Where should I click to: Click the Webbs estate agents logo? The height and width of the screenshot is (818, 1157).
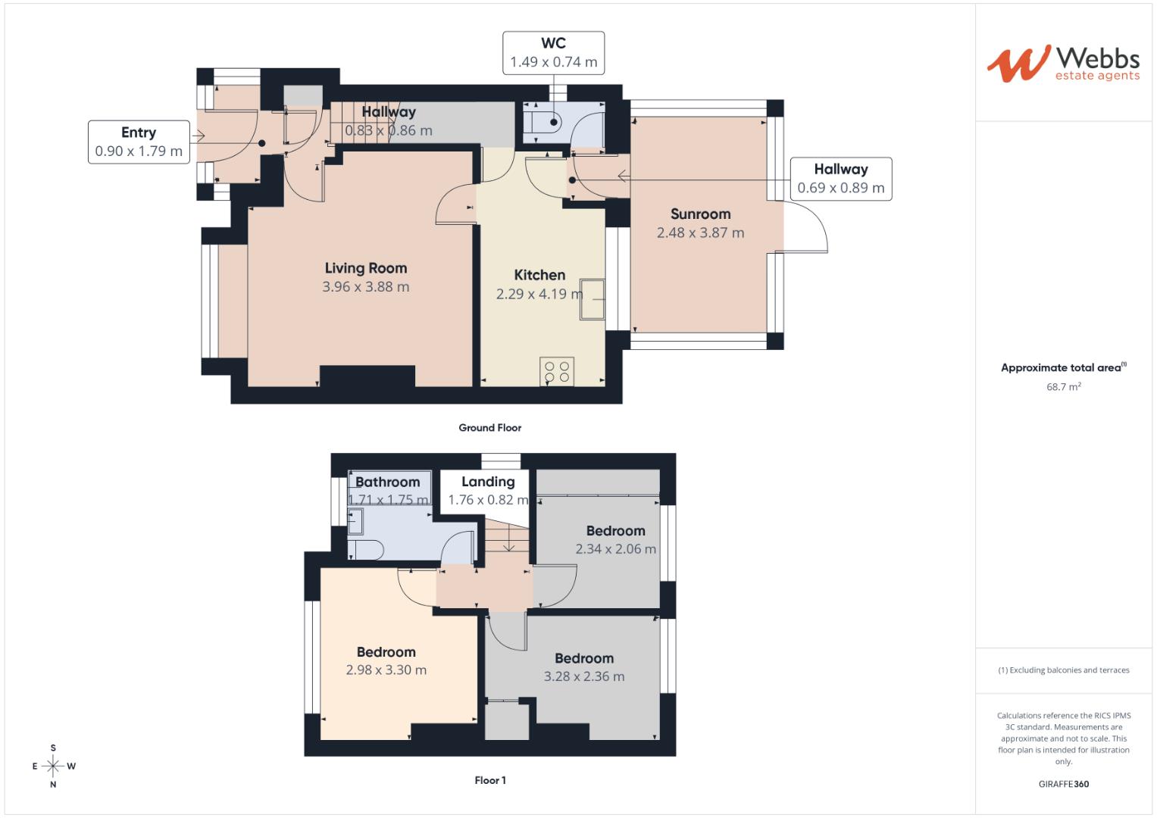point(1062,64)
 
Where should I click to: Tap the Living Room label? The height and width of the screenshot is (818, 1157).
point(365,268)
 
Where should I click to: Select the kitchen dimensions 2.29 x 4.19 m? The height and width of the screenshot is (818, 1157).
point(539,294)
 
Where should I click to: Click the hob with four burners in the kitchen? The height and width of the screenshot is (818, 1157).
point(557,372)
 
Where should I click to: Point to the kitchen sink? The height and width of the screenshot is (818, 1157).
point(593,300)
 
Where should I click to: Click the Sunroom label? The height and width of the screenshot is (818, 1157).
point(700,214)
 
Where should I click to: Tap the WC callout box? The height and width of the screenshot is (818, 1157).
point(553,53)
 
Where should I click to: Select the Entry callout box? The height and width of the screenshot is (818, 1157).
point(139,142)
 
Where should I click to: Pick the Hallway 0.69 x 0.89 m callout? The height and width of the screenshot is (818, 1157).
point(840,179)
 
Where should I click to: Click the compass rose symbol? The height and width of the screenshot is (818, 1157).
point(53,766)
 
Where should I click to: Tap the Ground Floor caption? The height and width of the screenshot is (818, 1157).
point(489,428)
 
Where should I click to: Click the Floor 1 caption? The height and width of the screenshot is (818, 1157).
point(490,780)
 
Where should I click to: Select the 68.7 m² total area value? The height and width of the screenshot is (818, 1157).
point(1063,387)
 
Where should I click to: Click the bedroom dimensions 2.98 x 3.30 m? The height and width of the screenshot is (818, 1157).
point(386,670)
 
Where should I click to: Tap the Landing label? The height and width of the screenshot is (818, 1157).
point(488,482)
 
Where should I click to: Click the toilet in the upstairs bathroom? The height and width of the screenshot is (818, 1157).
point(366,549)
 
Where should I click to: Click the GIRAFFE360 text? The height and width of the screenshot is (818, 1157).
point(1063,784)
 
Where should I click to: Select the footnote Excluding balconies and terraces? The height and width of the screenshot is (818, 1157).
point(1063,670)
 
